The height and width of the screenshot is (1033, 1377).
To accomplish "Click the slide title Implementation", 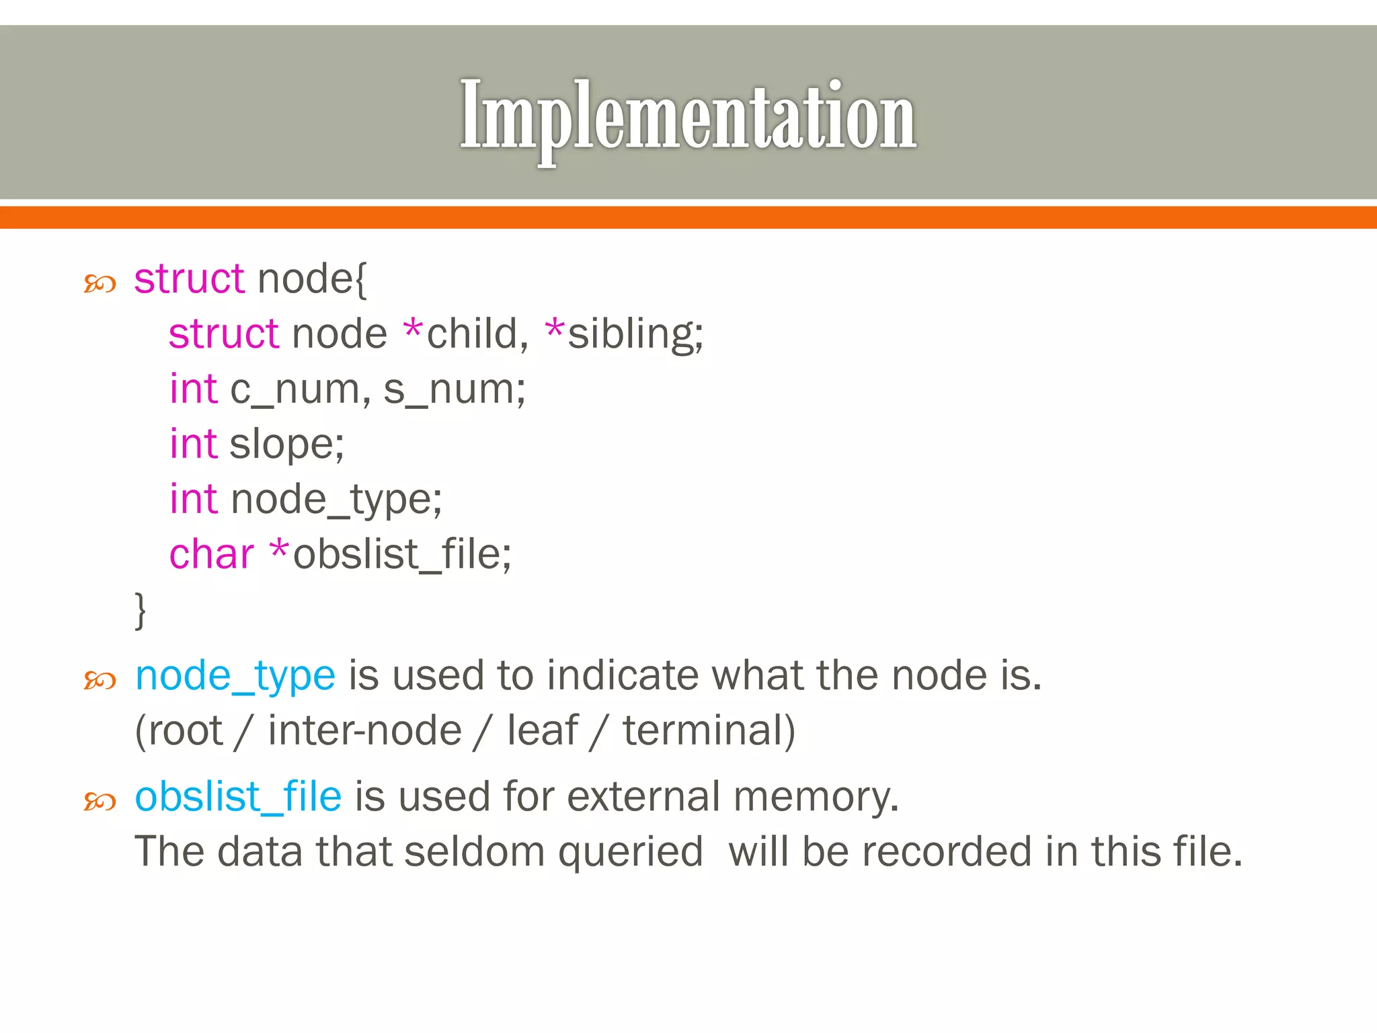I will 688,116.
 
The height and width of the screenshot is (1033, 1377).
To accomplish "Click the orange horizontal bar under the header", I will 688,218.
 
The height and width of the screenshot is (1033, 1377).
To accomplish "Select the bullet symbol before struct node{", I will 100,284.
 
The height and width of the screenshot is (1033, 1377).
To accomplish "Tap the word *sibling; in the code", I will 624,334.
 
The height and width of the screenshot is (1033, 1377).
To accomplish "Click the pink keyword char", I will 211,555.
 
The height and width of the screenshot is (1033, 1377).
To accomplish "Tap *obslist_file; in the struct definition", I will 391,555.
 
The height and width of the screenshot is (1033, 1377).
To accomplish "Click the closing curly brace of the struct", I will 140,610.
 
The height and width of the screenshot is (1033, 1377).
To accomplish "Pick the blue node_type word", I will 235,676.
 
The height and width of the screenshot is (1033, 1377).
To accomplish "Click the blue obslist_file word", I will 238,797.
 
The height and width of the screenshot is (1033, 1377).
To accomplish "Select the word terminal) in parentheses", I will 709,731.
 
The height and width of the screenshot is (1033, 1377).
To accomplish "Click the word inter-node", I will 365,731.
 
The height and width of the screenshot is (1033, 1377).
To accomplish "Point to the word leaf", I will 542,731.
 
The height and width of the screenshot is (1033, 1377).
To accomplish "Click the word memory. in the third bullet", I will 816,797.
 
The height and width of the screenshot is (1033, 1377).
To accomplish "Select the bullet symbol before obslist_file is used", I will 100,802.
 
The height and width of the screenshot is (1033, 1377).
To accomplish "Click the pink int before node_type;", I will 193,500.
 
